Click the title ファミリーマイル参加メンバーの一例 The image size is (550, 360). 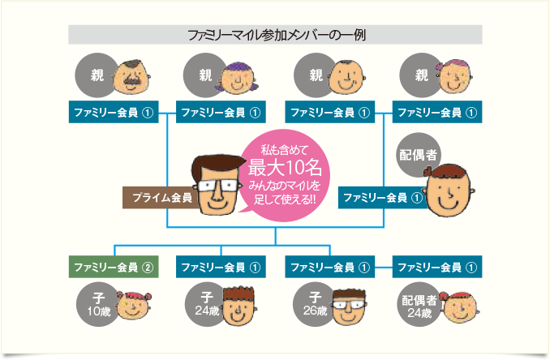275,35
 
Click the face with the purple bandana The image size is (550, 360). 239,78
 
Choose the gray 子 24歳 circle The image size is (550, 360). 206,304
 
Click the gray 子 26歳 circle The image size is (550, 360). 313,304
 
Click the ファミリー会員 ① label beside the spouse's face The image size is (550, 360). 382,197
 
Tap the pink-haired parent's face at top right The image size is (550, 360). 454,79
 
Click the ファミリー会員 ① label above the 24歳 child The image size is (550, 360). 219,266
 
